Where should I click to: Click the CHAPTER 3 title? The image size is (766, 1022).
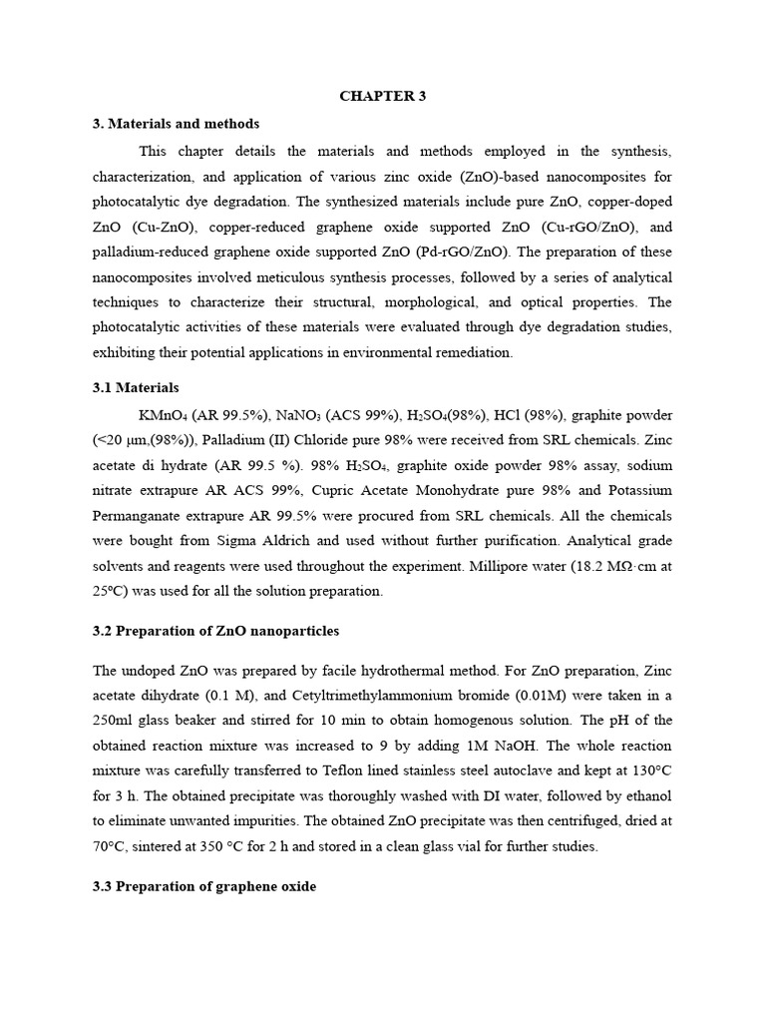[x=383, y=96]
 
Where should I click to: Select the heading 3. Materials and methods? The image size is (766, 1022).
[x=176, y=124]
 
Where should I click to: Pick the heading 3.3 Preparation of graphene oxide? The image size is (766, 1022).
[x=204, y=885]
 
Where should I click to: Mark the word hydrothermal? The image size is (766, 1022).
[x=384, y=669]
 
